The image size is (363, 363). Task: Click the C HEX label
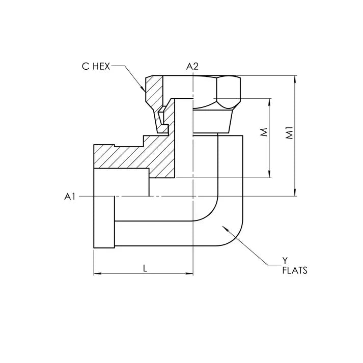click(96, 66)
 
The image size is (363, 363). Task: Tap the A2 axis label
click(192, 66)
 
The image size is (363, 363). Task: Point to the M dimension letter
click(263, 133)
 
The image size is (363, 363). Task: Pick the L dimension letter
click(145, 269)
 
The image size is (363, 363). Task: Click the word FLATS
click(295, 271)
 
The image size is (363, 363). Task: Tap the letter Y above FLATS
click(285, 262)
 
